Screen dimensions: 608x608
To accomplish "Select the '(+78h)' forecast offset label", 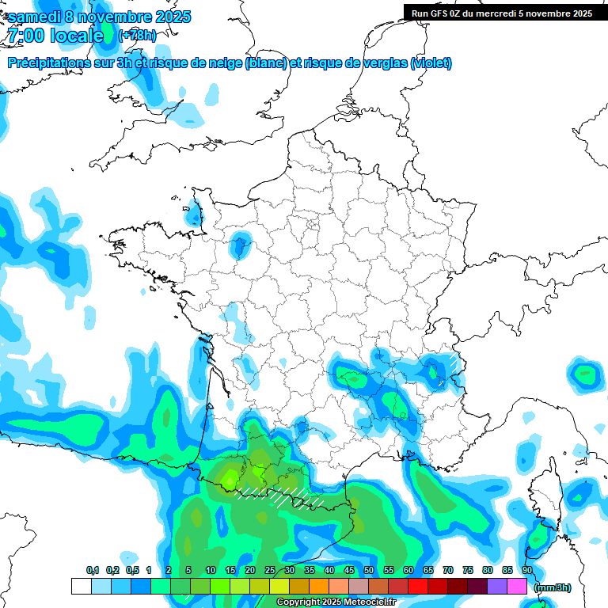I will click(x=137, y=35).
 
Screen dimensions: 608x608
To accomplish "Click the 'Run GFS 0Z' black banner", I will click(x=502, y=13).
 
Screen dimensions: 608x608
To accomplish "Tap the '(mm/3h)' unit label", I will click(x=553, y=587).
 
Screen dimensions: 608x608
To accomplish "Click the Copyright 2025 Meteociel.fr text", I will click(x=336, y=602).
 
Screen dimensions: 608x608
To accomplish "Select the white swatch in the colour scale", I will click(x=81, y=586).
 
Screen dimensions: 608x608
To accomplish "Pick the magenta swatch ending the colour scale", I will click(x=517, y=586).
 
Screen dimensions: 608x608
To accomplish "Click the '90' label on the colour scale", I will click(x=527, y=570).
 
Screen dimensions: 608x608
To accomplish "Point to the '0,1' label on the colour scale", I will click(x=92, y=570).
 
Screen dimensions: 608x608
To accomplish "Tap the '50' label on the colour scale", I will click(x=369, y=570).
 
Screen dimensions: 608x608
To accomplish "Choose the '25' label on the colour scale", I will click(x=270, y=570).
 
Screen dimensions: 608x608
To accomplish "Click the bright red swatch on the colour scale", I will click(x=418, y=586).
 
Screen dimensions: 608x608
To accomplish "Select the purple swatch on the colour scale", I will click(x=497, y=586).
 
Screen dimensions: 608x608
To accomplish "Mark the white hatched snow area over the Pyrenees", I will click(x=281, y=496).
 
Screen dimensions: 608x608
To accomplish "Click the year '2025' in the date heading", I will click(x=167, y=17).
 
